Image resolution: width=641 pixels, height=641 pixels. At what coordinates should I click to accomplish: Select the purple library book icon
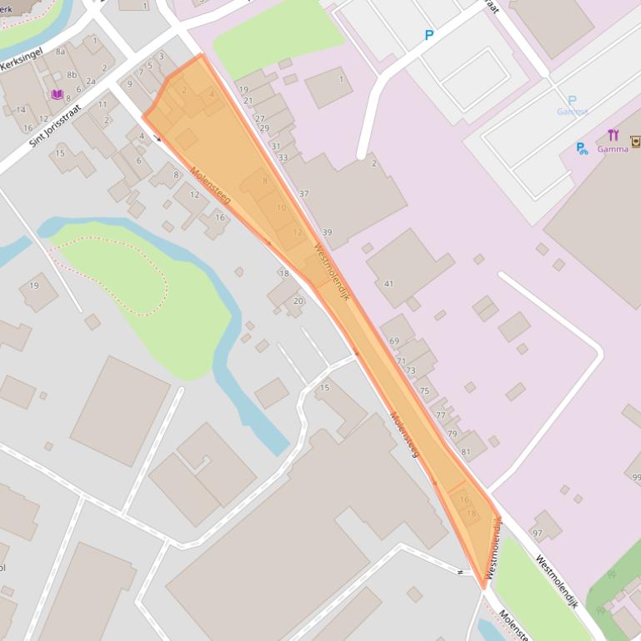58,95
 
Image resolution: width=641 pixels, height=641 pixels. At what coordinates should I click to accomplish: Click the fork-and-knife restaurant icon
613,136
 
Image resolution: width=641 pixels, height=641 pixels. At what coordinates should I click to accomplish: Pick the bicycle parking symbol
582,149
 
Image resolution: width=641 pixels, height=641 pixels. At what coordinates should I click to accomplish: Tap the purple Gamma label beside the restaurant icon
612,150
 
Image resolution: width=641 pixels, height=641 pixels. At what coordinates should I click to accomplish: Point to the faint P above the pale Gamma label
572,100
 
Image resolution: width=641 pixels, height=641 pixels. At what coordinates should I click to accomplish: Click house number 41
388,284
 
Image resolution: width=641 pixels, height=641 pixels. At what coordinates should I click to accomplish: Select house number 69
394,341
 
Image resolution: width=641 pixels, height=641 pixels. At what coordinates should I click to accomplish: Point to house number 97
537,533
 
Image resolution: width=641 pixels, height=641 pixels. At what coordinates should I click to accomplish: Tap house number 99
636,477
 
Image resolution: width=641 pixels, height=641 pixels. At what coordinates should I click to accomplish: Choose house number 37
303,194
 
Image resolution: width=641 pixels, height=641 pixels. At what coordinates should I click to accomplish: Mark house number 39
327,232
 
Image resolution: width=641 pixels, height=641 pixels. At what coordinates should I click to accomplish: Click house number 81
466,452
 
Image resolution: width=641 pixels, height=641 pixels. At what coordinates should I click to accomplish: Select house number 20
298,301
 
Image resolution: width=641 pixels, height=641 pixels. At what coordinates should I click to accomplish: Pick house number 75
424,390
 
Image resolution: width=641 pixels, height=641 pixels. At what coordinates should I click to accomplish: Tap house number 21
248,101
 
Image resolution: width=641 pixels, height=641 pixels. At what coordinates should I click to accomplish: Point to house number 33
283,157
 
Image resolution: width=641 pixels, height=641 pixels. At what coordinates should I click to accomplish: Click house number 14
21,110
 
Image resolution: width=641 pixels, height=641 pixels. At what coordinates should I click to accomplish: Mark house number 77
440,415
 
